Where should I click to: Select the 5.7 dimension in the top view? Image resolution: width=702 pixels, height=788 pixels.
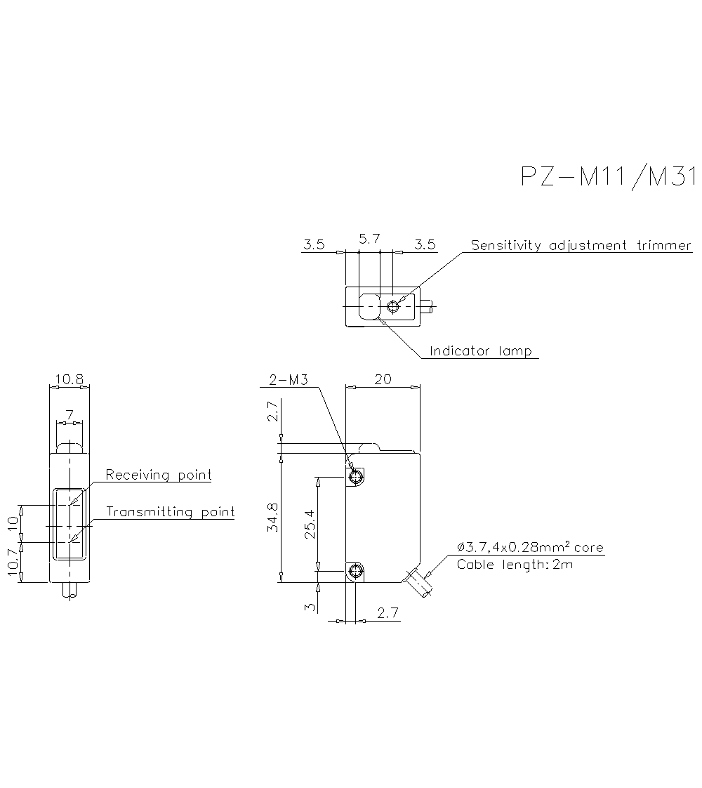click(x=369, y=239)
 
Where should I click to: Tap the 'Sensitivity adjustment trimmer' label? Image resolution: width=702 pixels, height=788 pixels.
click(x=581, y=246)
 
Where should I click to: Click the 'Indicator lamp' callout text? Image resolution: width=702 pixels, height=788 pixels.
click(x=481, y=350)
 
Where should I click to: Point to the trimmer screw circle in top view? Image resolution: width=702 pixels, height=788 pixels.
click(x=393, y=306)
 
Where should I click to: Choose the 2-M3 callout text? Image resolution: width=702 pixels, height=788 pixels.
click(x=289, y=381)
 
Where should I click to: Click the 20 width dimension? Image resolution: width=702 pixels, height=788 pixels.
click(x=383, y=380)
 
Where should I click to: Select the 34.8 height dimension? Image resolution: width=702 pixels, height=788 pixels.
click(x=274, y=517)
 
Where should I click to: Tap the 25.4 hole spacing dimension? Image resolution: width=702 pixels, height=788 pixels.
click(x=310, y=524)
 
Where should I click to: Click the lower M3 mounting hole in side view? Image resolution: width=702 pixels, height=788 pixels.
click(x=356, y=571)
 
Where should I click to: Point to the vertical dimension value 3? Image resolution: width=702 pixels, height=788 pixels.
click(x=310, y=605)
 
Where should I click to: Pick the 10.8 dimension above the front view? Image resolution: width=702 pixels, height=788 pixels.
click(x=69, y=380)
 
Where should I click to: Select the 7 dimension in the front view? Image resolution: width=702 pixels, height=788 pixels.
click(x=69, y=416)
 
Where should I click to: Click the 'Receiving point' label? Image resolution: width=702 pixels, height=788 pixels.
click(x=159, y=475)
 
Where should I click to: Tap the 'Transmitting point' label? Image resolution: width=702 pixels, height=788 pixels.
click(x=171, y=512)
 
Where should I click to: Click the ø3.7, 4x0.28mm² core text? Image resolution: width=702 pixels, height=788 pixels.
click(x=530, y=548)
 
